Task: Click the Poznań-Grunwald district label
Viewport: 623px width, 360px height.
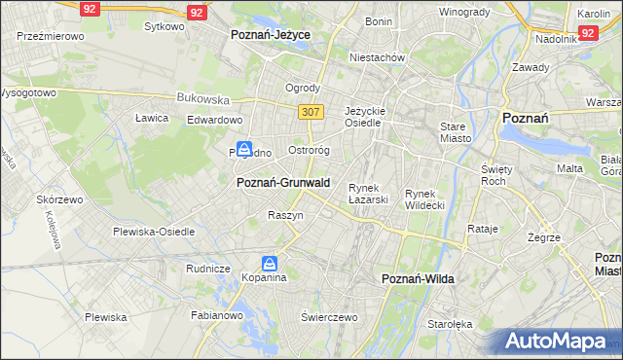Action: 283,182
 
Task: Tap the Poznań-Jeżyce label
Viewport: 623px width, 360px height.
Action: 271,34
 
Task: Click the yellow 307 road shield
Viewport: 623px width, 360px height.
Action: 311,112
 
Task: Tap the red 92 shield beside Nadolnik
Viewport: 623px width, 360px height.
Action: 587,33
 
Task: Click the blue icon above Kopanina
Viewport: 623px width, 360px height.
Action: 271,263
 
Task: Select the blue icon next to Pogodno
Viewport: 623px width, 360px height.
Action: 244,150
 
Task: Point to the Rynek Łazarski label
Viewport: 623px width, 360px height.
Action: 369,194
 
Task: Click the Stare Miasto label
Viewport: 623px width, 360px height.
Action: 455,132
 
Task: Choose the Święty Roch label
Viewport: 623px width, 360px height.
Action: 495,175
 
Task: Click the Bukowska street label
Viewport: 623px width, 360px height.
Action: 202,98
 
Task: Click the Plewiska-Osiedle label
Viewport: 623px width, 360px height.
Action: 154,232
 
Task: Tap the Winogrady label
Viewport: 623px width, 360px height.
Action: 463,12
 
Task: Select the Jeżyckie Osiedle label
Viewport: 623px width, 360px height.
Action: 367,117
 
